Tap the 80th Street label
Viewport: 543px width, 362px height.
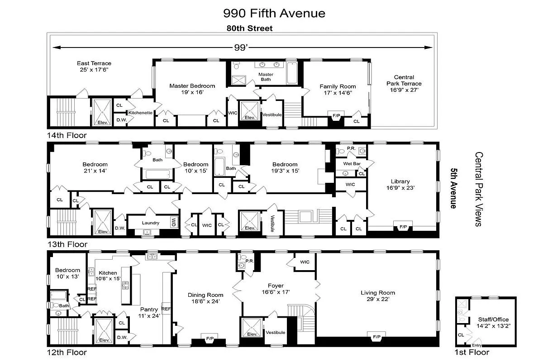[x=250, y=29]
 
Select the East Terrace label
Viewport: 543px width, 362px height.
[x=94, y=67]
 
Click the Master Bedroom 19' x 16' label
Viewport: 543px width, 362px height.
[x=192, y=89]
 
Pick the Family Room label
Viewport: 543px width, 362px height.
[x=338, y=89]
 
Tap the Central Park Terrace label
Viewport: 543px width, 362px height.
[x=404, y=83]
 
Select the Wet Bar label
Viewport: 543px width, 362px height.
[x=351, y=163]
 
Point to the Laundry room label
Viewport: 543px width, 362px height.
[x=150, y=223]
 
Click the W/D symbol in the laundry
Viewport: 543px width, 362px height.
[x=173, y=222]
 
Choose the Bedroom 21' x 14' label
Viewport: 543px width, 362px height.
[x=95, y=167]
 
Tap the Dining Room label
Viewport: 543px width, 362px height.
[x=206, y=298]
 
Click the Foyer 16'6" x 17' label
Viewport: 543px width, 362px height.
[x=276, y=289]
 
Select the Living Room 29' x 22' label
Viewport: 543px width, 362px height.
[x=378, y=295]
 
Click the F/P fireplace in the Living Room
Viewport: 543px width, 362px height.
[x=376, y=337]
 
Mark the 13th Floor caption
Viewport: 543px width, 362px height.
[x=67, y=244]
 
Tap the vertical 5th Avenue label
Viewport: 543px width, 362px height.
[x=452, y=188]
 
